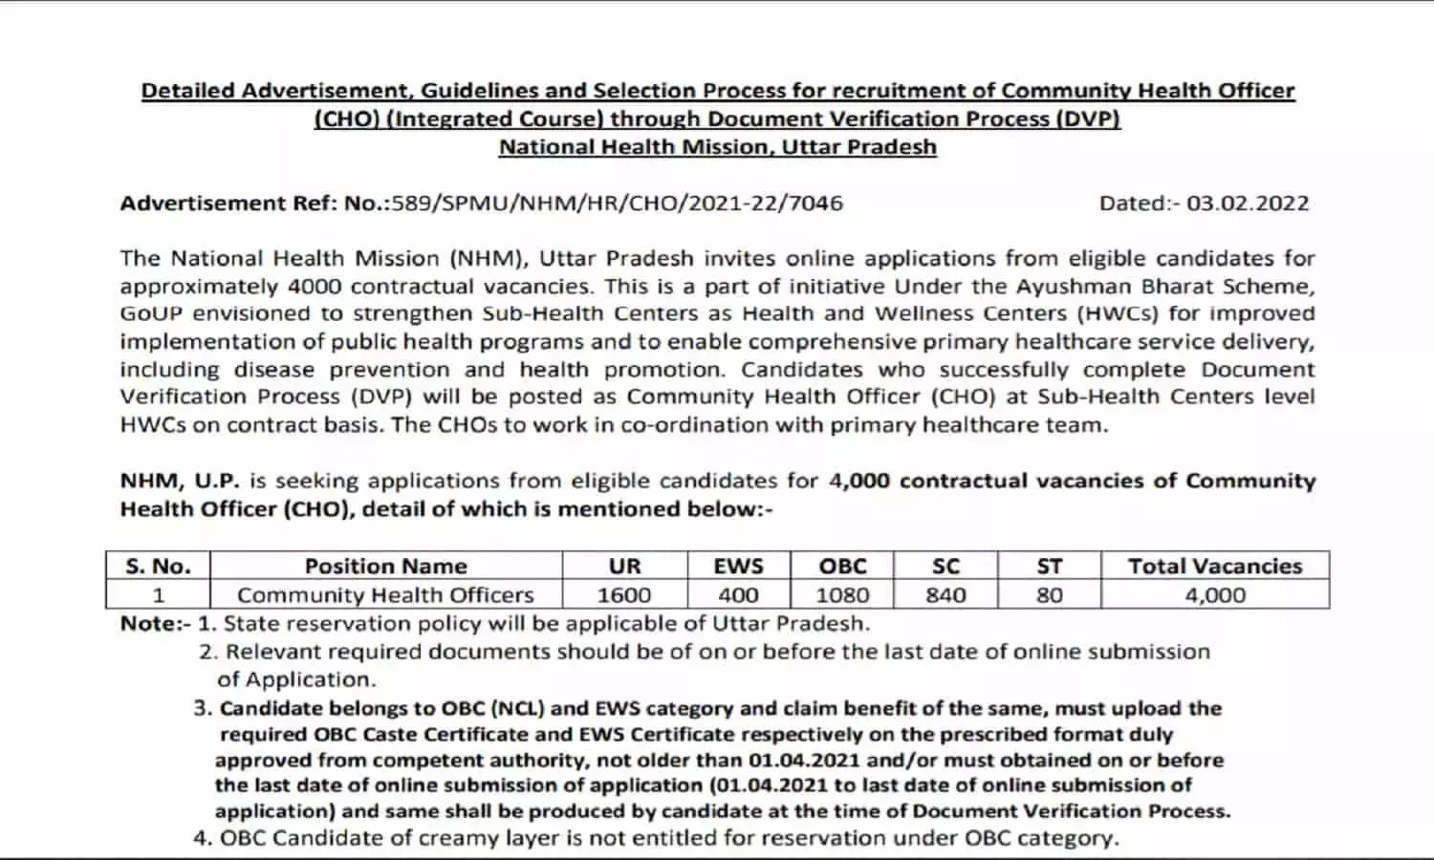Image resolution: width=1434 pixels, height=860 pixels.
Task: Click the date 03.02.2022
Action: [1248, 203]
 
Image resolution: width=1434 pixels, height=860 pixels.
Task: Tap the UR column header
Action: [624, 566]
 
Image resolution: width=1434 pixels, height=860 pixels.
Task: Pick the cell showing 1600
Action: [624, 594]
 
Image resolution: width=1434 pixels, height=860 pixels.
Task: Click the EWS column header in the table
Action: [739, 566]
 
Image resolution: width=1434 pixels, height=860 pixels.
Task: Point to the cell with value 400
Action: [739, 594]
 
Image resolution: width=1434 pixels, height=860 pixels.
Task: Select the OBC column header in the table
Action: [842, 566]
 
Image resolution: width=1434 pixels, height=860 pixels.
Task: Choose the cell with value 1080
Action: [842, 594]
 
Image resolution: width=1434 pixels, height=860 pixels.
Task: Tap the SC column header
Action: [945, 566]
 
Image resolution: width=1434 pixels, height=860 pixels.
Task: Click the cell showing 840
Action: [945, 594]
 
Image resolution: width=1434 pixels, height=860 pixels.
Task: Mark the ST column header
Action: [1050, 566]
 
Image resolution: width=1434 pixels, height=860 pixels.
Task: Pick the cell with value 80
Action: [1050, 594]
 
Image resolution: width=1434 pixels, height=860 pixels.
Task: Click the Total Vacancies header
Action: [1215, 566]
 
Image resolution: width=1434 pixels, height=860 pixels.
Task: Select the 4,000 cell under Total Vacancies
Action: [1215, 594]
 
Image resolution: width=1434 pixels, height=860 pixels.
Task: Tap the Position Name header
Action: [386, 566]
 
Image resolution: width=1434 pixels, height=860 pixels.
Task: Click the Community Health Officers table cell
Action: [385, 594]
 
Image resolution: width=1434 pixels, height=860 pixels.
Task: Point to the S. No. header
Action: [158, 566]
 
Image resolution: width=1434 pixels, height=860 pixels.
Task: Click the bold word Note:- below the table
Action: [155, 623]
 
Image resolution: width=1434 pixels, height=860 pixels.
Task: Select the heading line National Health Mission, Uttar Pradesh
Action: [717, 147]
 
